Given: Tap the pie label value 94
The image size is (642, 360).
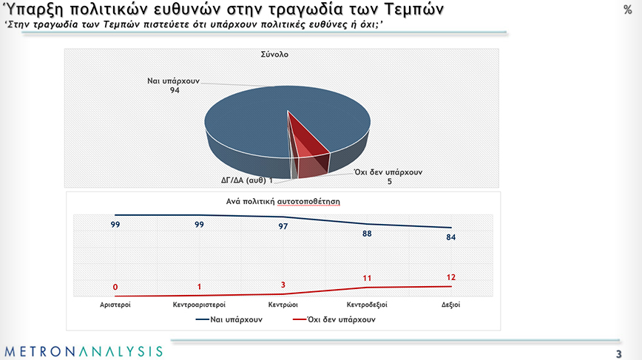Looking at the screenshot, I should point(175,90).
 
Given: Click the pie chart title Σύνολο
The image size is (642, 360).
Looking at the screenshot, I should point(273,55).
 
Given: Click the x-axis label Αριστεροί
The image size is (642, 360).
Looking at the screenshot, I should point(115,304).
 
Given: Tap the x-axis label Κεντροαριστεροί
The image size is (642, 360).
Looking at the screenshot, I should point(199,304).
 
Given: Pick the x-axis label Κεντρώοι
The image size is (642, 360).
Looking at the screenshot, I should point(283,304).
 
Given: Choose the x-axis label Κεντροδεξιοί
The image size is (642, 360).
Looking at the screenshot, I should point(367,304).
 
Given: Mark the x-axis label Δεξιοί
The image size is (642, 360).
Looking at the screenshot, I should point(450,304).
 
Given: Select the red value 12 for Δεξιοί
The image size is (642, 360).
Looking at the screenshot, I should point(450,276).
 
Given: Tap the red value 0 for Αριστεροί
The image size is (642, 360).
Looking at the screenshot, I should point(115,287).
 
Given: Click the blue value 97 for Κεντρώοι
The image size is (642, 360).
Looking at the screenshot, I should point(283,227).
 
